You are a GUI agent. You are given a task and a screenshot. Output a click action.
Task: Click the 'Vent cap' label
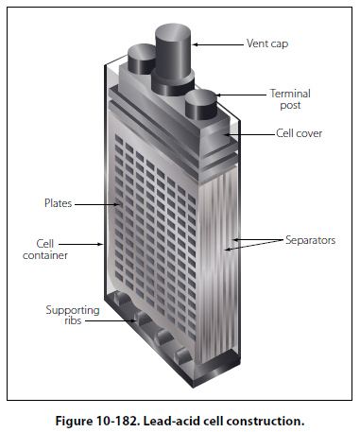(x=267, y=43)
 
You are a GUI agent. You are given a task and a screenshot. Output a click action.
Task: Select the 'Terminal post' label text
(x=290, y=99)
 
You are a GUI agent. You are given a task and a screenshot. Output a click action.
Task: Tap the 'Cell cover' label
(x=299, y=133)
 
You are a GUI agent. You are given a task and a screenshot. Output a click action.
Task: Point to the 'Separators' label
(x=310, y=240)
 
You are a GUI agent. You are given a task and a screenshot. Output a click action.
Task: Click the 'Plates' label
(x=58, y=203)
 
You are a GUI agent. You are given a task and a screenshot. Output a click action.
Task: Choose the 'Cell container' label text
(x=45, y=250)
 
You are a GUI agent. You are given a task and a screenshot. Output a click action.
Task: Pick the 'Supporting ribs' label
(x=73, y=315)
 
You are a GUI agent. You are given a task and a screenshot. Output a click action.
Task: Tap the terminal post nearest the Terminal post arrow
(x=200, y=105)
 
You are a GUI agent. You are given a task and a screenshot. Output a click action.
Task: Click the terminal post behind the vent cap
(x=141, y=59)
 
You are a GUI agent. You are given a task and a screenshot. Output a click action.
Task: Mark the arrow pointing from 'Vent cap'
(x=217, y=44)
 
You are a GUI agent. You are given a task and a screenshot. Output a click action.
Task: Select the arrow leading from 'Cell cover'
(x=249, y=135)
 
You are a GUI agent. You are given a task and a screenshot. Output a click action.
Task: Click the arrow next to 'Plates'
(x=97, y=204)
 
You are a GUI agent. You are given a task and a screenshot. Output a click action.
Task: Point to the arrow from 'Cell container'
(x=80, y=244)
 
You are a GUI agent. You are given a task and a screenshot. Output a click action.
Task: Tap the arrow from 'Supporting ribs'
(x=111, y=321)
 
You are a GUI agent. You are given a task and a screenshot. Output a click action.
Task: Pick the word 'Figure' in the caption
(x=73, y=422)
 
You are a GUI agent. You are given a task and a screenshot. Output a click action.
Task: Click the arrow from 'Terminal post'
(x=241, y=95)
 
